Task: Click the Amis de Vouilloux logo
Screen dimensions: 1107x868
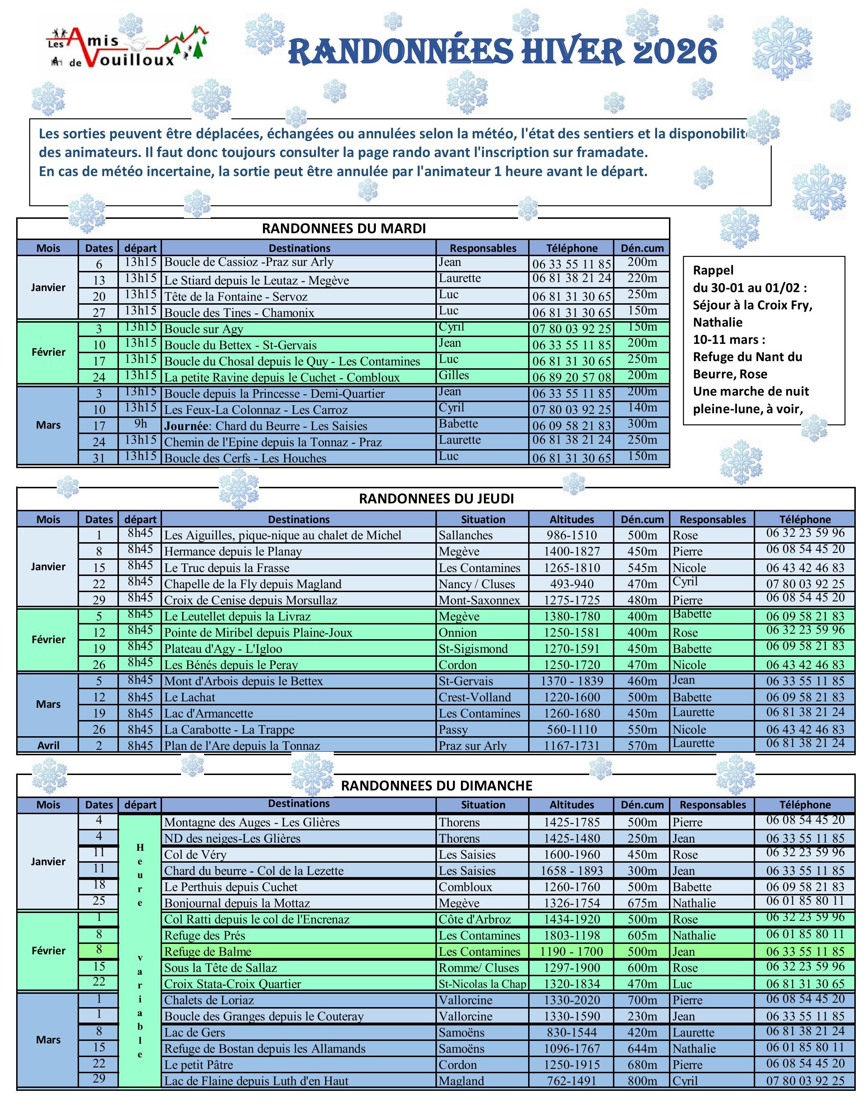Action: tap(127, 48)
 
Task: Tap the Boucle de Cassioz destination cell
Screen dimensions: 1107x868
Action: tap(249, 262)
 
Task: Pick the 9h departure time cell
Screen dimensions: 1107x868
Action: tap(140, 424)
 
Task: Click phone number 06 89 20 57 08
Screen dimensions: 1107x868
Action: tap(571, 377)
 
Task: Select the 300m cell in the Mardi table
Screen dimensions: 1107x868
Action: tap(642, 424)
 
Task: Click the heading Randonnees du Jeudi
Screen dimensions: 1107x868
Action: tap(436, 499)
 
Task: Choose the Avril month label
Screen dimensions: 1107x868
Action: tap(48, 746)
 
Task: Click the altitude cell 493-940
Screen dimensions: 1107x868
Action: tap(571, 584)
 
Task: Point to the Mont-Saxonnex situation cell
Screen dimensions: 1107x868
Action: tap(479, 600)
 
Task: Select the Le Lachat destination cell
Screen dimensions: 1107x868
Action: tap(190, 697)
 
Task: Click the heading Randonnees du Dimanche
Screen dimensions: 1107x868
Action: tap(436, 786)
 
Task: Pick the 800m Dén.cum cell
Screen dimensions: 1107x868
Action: tap(642, 1081)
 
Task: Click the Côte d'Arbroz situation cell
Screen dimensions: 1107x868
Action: tap(474, 919)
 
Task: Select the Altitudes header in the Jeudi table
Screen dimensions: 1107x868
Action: tap(571, 520)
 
